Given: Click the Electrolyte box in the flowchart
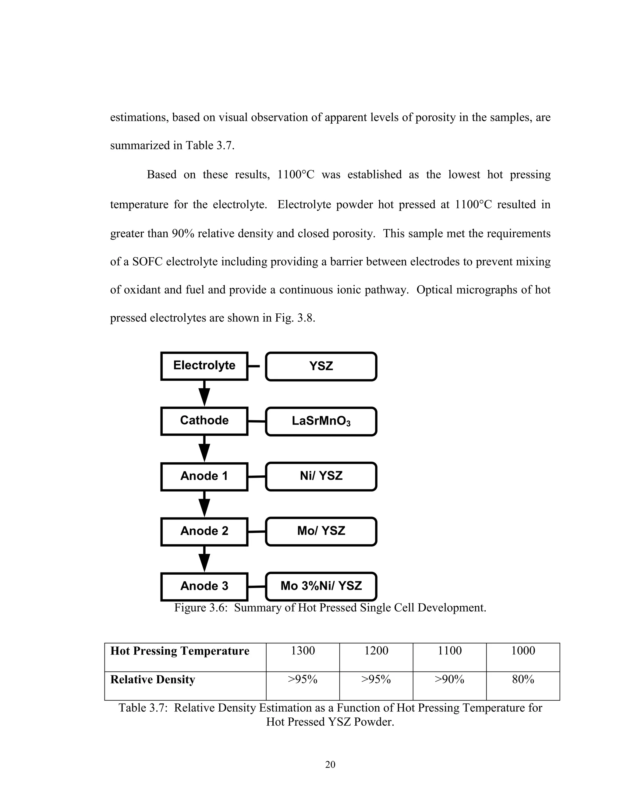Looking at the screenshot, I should tap(204, 366).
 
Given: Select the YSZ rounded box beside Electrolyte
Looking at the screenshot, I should tap(321, 366).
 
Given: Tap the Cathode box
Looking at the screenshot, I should tap(204, 421).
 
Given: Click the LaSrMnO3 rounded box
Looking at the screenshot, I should tap(321, 421).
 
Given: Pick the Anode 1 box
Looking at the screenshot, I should tap(204, 476).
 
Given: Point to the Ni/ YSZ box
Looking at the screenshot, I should tap(321, 476).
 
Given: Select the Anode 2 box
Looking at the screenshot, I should tap(204, 531).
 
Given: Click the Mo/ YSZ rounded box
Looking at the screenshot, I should tap(321, 531).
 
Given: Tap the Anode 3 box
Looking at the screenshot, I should tap(204, 587).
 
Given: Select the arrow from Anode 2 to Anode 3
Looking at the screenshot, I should tap(204, 559).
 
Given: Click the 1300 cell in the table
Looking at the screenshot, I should tap(303, 651).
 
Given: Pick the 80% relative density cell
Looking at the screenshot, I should tap(523, 679).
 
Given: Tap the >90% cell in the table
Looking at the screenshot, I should tap(449, 679).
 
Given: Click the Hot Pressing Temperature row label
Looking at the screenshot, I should tap(180, 651).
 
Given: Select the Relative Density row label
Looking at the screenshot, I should tap(152, 679).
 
